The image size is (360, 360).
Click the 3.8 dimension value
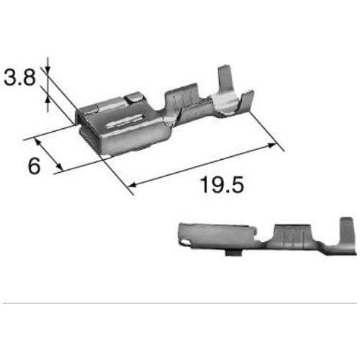click(x=19, y=77)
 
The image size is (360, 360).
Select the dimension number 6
click(x=33, y=166)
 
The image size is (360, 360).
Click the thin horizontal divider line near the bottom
click(x=180, y=303)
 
